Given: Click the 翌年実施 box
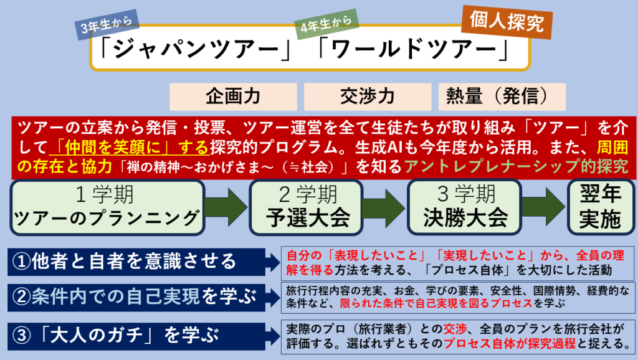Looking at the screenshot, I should [597, 207].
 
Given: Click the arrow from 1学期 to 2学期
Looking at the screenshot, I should [227, 207].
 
